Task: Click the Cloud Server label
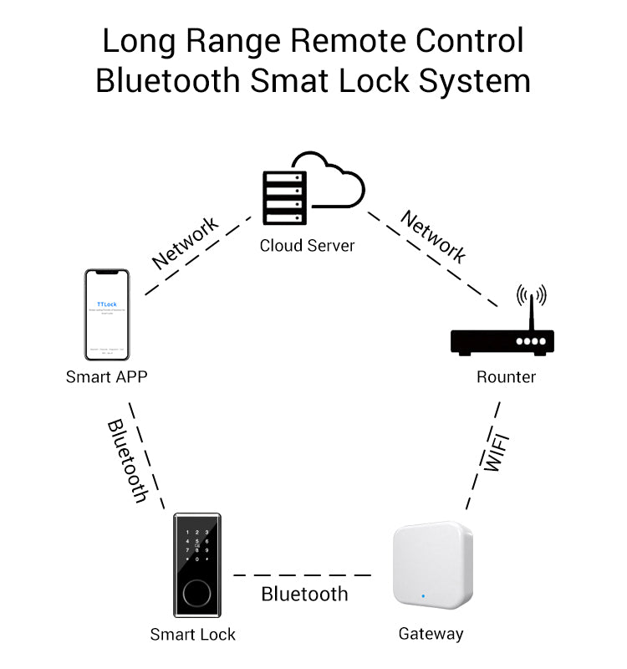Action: click(x=307, y=246)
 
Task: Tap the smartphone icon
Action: click(x=107, y=314)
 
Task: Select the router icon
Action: click(x=502, y=339)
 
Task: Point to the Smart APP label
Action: click(x=106, y=377)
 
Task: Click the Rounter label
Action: click(x=506, y=377)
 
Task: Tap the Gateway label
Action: click(x=431, y=634)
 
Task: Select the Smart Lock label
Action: click(x=193, y=635)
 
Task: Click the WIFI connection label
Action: click(x=497, y=452)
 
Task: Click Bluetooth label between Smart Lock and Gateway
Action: click(x=304, y=595)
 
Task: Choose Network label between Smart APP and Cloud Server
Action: click(x=185, y=243)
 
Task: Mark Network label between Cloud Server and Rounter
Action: click(x=433, y=237)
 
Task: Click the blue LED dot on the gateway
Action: click(x=424, y=597)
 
